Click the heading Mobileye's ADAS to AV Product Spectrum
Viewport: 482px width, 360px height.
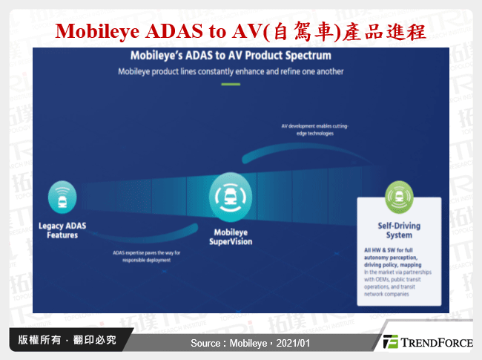click(231, 55)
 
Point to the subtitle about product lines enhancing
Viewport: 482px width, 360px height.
click(231, 72)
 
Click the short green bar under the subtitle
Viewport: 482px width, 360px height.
click(231, 84)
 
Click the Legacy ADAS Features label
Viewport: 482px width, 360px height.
click(59, 231)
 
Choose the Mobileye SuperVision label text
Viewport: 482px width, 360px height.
click(230, 237)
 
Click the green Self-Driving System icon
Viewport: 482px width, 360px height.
click(399, 197)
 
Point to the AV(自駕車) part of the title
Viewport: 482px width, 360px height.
click(282, 32)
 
